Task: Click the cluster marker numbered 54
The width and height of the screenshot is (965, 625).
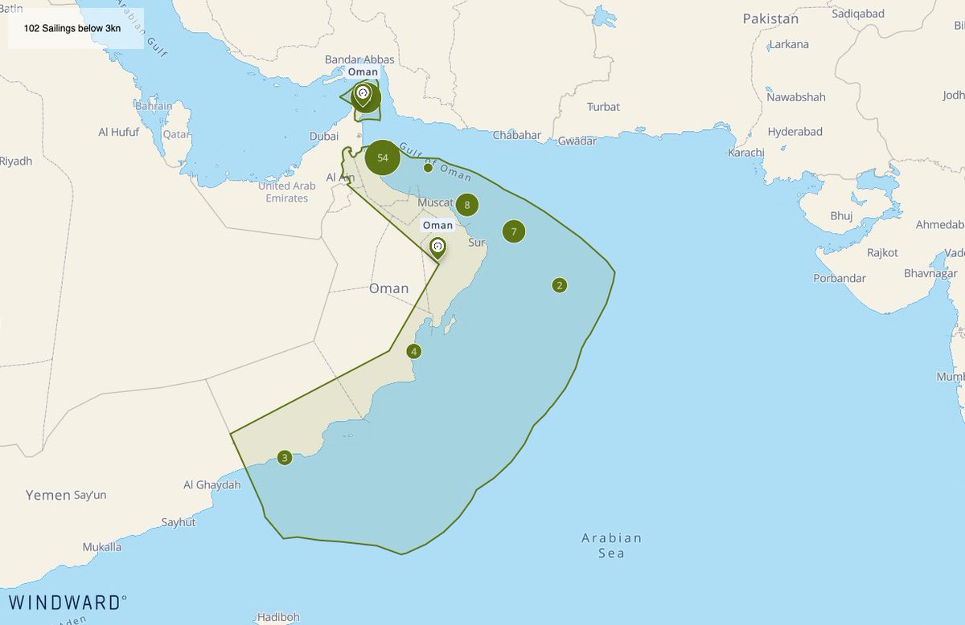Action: point(383,157)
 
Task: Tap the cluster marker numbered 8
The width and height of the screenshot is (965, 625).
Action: point(466,205)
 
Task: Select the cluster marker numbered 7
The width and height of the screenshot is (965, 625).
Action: point(514,231)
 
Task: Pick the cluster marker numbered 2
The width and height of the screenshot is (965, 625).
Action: point(560,284)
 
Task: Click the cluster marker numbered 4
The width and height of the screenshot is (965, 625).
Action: point(413,351)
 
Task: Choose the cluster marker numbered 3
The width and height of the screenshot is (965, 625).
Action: point(284,458)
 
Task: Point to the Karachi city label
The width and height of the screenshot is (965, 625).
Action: point(745,152)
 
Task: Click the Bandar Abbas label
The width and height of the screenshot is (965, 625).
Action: point(359,59)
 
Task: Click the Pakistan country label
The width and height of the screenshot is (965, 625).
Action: point(770,18)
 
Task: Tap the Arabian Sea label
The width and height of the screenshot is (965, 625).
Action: point(611,545)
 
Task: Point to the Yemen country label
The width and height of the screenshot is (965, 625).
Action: point(47,495)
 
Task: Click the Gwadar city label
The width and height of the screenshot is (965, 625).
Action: point(577,141)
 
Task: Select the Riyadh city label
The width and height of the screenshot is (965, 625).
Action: point(16,161)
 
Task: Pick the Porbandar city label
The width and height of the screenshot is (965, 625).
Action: point(839,278)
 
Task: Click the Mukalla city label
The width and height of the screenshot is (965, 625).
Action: point(101,547)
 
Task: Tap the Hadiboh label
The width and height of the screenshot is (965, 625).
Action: point(278,617)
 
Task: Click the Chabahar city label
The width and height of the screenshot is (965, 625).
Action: point(516,135)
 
